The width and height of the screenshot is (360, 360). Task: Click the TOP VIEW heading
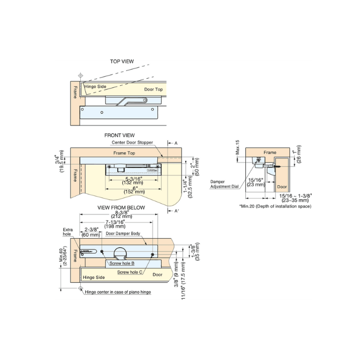tap(122, 62)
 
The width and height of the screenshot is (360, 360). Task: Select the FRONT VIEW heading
tap(119, 135)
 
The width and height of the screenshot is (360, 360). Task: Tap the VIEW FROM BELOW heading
tap(121, 208)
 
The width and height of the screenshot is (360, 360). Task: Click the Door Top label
tap(153, 89)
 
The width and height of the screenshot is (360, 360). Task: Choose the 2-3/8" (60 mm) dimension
tap(91, 232)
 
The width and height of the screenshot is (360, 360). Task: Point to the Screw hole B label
tap(122, 263)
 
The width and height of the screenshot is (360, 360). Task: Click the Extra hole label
tap(68, 231)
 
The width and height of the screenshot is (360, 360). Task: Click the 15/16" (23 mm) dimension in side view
tap(255, 182)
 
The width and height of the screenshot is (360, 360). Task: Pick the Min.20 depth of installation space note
tap(275, 206)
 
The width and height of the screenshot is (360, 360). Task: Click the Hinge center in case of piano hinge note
tap(121, 292)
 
